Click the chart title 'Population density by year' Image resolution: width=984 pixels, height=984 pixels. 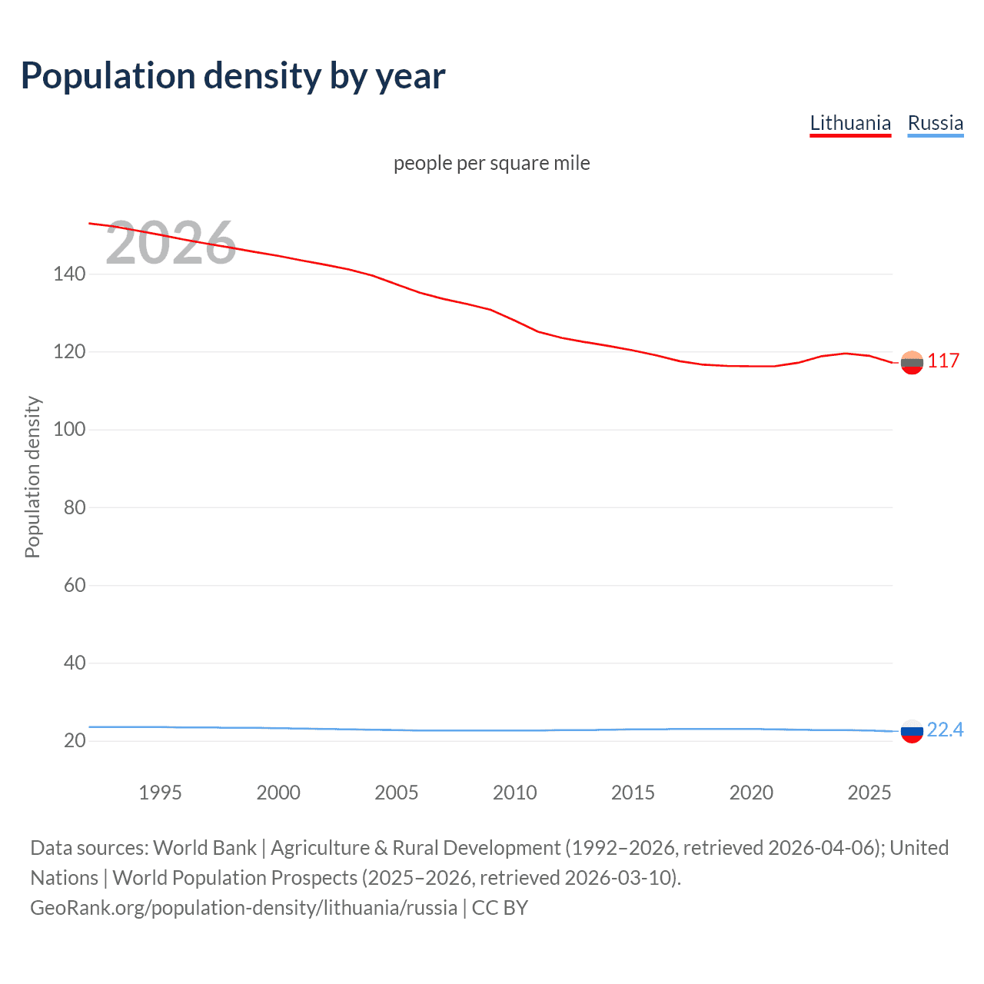click(x=233, y=76)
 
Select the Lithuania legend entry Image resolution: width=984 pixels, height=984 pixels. click(x=850, y=123)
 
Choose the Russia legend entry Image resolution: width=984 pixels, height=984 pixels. click(x=935, y=123)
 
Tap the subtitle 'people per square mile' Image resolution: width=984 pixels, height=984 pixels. click(x=491, y=163)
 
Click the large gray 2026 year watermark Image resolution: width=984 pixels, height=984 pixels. click(x=171, y=243)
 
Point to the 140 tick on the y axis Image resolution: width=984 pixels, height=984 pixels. click(x=69, y=274)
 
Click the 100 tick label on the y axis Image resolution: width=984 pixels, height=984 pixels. click(x=69, y=429)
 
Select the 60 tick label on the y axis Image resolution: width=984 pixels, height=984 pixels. click(x=75, y=585)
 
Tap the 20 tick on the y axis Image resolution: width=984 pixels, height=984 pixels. click(x=75, y=740)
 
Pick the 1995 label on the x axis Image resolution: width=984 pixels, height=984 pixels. click(x=160, y=793)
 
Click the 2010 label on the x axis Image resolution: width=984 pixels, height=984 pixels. click(x=514, y=793)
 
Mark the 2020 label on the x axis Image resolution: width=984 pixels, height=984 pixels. click(x=751, y=793)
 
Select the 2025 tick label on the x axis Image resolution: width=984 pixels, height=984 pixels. click(x=869, y=793)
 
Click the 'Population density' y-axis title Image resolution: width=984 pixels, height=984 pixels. click(x=32, y=477)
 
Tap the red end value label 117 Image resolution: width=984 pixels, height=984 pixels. click(x=943, y=361)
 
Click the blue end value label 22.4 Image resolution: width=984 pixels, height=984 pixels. click(x=945, y=730)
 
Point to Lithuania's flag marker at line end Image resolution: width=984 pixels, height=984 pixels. click(x=912, y=362)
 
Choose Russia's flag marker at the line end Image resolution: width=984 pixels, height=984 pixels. click(x=912, y=731)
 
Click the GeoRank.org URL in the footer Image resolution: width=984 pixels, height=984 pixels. click(x=244, y=908)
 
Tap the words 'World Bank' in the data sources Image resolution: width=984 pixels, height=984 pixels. click(x=204, y=848)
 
